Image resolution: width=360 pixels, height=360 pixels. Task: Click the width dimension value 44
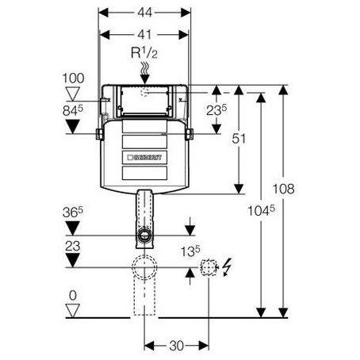tap(144, 12)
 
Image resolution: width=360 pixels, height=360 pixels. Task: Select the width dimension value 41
tap(144, 35)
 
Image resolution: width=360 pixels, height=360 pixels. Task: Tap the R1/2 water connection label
tap(144, 53)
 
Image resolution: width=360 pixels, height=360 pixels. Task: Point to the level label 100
tap(73, 79)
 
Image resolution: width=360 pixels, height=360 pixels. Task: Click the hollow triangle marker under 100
tap(73, 94)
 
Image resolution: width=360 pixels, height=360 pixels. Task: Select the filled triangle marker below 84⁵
tap(73, 127)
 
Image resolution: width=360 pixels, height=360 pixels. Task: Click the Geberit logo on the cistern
tap(144, 158)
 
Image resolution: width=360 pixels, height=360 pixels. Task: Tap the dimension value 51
tap(239, 139)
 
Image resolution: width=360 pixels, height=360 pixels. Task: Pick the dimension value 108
tap(283, 189)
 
